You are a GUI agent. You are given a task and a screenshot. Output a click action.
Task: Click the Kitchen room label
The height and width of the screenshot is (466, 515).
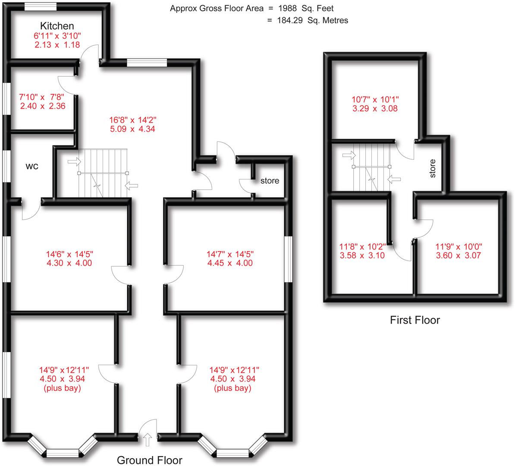point(57,26)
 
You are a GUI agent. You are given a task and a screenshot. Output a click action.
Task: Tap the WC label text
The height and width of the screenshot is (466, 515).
point(32,166)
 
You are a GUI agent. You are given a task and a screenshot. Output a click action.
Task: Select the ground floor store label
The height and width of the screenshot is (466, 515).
point(270,181)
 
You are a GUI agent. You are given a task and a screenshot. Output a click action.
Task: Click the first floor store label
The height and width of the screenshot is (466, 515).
point(433,168)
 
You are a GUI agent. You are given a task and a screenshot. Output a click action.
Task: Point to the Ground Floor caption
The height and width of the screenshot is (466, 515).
point(149,460)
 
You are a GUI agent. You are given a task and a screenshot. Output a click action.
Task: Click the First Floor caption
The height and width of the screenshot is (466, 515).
point(415,320)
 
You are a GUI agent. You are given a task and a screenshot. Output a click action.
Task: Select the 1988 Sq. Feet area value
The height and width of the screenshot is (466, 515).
point(305,8)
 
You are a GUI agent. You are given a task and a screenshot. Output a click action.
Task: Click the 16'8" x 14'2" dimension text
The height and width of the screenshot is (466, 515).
point(132,120)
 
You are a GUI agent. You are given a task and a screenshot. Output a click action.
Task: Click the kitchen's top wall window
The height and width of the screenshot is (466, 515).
point(40,6)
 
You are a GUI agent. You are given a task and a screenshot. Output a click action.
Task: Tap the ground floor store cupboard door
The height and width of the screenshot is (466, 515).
point(246,186)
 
